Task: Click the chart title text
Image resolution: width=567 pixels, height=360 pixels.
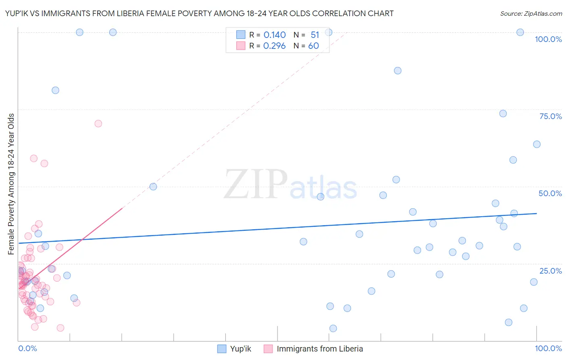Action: [x=199, y=13]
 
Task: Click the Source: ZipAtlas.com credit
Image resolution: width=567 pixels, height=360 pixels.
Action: [x=531, y=14]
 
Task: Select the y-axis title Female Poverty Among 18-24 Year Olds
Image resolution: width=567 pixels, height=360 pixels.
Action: [x=11, y=184]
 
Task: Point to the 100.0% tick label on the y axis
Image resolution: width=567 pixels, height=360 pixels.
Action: [x=548, y=39]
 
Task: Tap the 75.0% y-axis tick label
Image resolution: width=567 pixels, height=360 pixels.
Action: [x=550, y=116]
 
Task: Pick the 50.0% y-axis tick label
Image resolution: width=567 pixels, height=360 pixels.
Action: [x=550, y=193]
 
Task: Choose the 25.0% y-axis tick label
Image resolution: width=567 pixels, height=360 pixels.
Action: [x=550, y=271]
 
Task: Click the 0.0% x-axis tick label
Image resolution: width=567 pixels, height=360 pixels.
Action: [x=27, y=348]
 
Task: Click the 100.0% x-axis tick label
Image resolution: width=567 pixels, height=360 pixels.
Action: [x=548, y=348]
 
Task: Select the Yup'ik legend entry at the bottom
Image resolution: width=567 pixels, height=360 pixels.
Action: [x=234, y=349]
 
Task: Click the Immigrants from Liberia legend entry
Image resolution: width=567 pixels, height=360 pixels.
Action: [x=313, y=349]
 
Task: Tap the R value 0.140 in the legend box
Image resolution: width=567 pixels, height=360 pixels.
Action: [x=274, y=35]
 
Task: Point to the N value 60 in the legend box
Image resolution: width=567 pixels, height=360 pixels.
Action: [x=313, y=46]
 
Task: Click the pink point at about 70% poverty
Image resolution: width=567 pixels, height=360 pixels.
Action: [x=98, y=123]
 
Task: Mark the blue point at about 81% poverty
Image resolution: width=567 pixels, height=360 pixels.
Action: [x=55, y=90]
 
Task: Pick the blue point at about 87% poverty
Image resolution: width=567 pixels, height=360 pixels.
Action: [x=398, y=71]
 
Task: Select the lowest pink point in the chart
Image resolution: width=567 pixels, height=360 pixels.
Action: [x=60, y=328]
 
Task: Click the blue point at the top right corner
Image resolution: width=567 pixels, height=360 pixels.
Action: [x=520, y=32]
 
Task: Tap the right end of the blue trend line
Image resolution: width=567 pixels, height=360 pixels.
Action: [x=536, y=213]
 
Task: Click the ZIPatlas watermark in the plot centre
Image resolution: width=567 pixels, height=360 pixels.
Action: [x=290, y=185]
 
